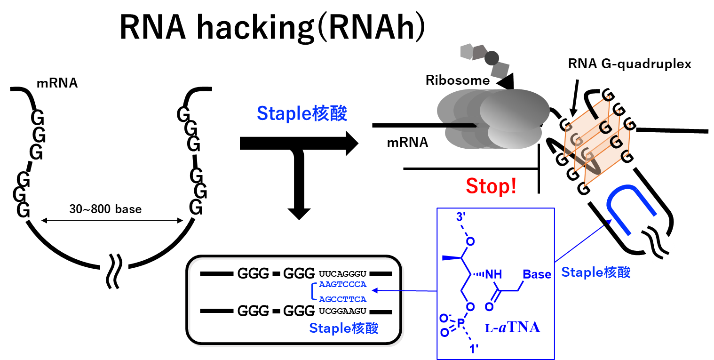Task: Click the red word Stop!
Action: click(x=491, y=186)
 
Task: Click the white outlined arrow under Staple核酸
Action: click(x=299, y=143)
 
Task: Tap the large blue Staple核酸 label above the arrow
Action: click(x=301, y=113)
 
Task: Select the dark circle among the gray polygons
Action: click(x=492, y=58)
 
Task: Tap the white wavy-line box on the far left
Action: click(x=114, y=267)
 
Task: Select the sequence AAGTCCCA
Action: click(x=342, y=284)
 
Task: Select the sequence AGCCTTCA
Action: click(x=342, y=299)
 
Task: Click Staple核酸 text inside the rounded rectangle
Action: click(x=343, y=328)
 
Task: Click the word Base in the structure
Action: click(x=537, y=274)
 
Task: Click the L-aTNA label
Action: click(x=512, y=328)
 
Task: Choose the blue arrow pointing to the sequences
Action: click(x=405, y=291)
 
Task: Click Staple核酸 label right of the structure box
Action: click(x=595, y=272)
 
